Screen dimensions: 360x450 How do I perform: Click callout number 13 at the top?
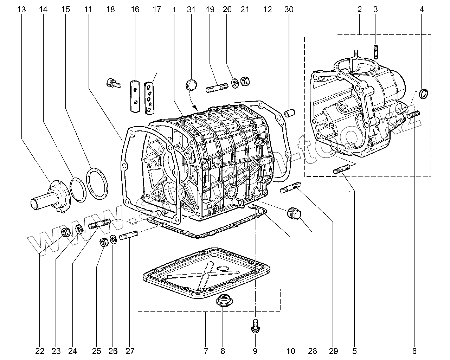pyautogui.click(x=21, y=9)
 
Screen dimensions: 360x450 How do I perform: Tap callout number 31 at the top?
pyautogui.click(x=191, y=9)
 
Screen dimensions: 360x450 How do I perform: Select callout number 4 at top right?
pyautogui.click(x=421, y=9)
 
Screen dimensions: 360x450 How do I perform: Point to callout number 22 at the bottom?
pyautogui.click(x=40, y=351)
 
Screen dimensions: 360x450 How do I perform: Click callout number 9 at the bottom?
pyautogui.click(x=255, y=351)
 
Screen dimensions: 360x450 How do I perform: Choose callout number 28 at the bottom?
pyautogui.click(x=313, y=351)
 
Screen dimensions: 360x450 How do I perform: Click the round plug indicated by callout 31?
pyautogui.click(x=191, y=85)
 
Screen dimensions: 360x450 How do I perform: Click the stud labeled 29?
pyautogui.click(x=290, y=187)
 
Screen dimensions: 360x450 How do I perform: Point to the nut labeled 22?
pyautogui.click(x=65, y=232)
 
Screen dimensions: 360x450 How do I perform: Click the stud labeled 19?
pyautogui.click(x=216, y=87)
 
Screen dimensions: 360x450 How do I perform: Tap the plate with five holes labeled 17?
pyautogui.click(x=149, y=98)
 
